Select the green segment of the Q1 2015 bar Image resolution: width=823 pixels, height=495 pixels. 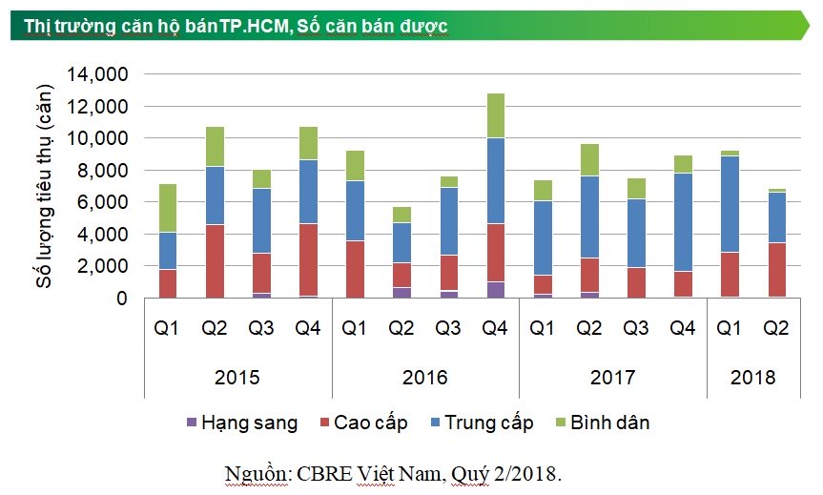point(167,208)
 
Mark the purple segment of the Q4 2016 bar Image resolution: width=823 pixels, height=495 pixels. point(494,290)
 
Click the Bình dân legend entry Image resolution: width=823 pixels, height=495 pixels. point(607,423)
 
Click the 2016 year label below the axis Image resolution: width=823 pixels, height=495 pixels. point(425,378)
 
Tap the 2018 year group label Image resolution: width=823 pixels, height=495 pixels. point(752,378)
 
